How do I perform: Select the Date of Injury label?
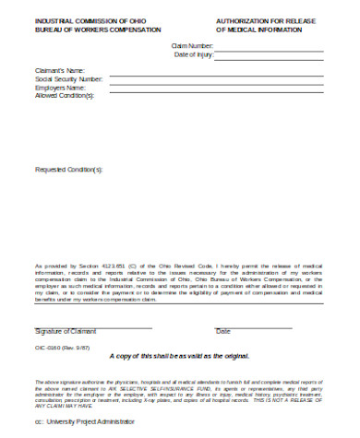coord(194,55)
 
